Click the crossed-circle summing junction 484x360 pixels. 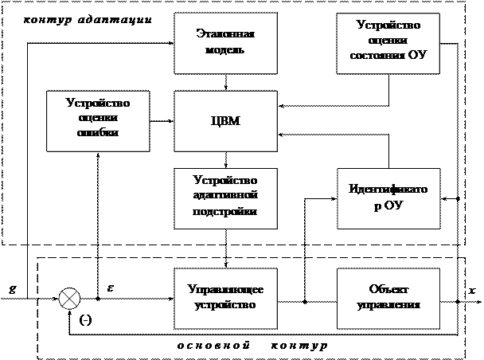(70, 299)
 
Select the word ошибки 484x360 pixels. (98, 134)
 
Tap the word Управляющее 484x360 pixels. (225, 289)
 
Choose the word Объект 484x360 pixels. (388, 289)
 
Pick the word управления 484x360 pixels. (388, 305)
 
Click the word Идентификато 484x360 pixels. (388, 190)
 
